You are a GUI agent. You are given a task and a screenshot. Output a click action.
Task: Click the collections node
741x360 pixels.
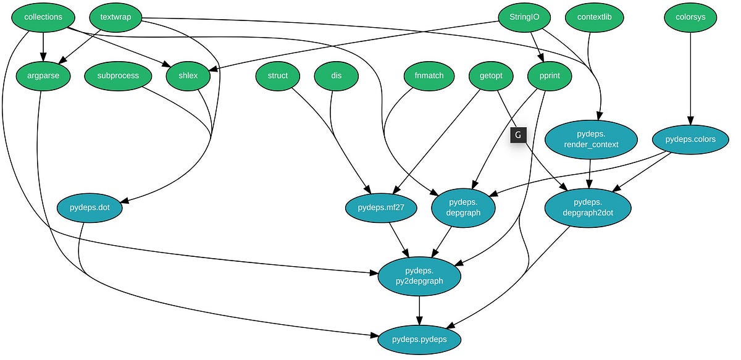pos(43,17)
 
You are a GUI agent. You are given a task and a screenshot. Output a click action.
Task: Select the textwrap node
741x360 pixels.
pos(116,17)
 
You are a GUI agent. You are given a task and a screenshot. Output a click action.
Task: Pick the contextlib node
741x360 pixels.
pos(594,17)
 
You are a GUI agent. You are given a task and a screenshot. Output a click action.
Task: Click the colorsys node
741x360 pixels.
pos(690,17)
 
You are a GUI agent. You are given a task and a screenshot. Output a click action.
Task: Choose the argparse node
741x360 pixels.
pos(43,76)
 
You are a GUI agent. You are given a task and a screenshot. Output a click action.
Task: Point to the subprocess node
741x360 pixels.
pos(118,76)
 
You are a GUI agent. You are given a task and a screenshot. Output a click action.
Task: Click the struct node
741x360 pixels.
pos(278,76)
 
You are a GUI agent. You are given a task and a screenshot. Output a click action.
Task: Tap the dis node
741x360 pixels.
pos(336,76)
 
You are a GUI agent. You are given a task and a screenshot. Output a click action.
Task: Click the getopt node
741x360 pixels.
pos(491,76)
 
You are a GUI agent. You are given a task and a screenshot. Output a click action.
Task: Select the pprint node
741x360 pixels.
pos(550,76)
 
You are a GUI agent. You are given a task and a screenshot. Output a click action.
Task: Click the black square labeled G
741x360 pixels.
pos(517,135)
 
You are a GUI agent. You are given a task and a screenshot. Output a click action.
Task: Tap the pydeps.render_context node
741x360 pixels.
pos(591,140)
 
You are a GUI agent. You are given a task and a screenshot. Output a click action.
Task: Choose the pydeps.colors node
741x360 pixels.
pos(690,140)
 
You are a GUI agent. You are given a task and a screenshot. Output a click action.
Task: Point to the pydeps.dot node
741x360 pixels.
pos(90,208)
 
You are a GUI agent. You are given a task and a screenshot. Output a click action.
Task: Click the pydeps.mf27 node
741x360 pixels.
pos(381,208)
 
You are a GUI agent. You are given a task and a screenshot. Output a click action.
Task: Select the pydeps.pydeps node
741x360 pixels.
pos(419,339)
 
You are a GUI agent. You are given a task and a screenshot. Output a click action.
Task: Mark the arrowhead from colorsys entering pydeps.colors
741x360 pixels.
pos(690,120)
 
